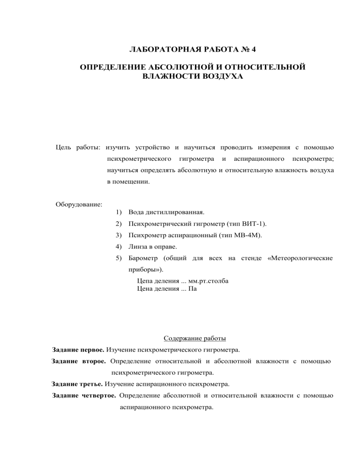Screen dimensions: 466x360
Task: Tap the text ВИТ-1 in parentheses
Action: (x=255, y=225)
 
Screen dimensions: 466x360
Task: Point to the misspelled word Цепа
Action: (x=144, y=281)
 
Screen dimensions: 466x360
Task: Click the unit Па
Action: (x=192, y=289)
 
